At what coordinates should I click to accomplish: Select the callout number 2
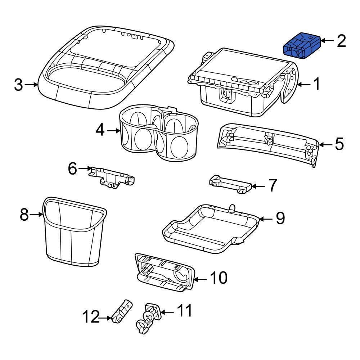click(341, 41)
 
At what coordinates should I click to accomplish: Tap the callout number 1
click(316, 84)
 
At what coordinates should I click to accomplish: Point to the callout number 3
click(18, 85)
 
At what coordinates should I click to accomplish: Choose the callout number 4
click(100, 131)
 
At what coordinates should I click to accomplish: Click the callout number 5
click(339, 144)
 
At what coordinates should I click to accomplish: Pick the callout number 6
click(73, 168)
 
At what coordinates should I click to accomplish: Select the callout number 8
click(24, 215)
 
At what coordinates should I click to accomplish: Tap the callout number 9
click(280, 218)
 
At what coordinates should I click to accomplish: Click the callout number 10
click(219, 278)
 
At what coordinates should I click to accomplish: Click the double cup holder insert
click(159, 133)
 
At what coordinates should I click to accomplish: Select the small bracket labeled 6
click(111, 177)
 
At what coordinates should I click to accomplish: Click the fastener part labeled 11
click(148, 318)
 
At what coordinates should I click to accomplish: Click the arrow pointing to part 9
click(266, 219)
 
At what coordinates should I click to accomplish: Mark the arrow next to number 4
click(113, 131)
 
